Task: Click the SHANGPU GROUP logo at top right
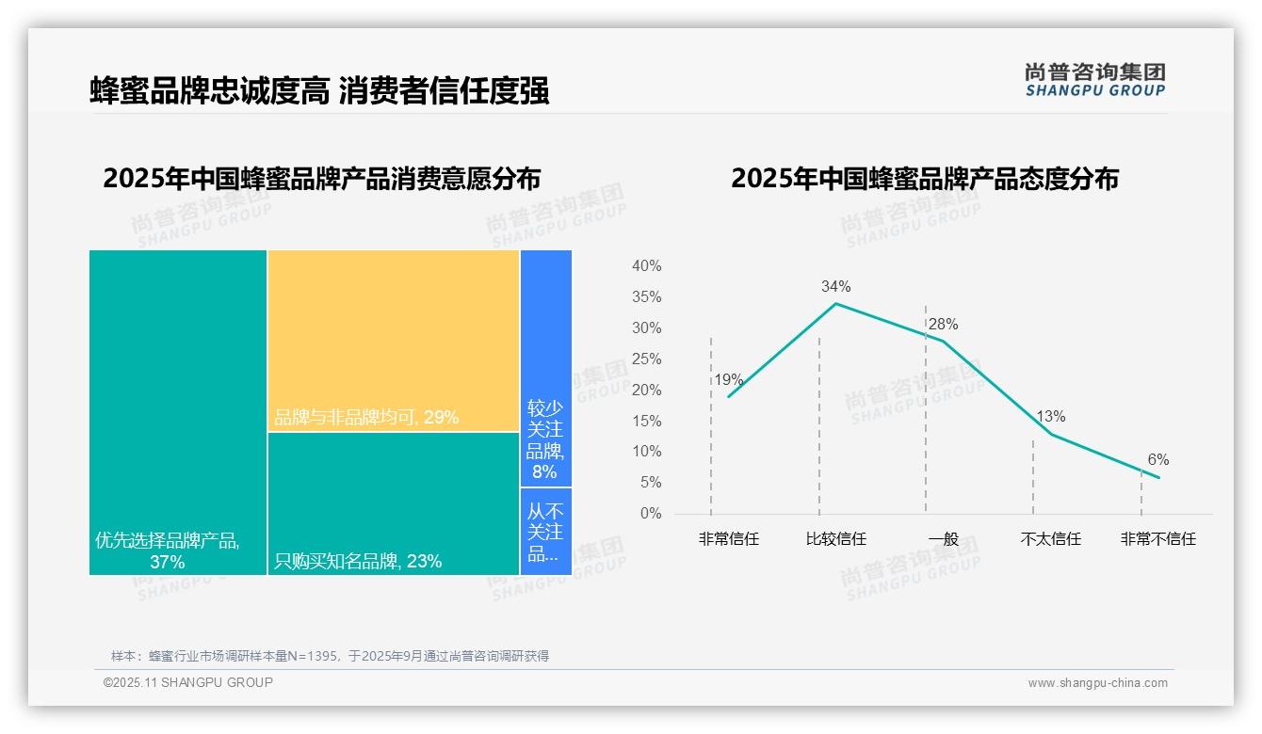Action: [x=1094, y=80]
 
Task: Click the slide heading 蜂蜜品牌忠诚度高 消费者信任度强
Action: [x=319, y=91]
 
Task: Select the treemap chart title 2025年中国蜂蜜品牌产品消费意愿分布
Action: [x=321, y=179]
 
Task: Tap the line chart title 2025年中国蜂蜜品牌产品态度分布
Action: [x=924, y=179]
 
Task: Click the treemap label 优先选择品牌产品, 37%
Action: [x=168, y=550]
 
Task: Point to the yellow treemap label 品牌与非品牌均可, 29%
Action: [x=366, y=417]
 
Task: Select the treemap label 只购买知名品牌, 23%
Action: [x=358, y=562]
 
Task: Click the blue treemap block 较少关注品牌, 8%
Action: [x=545, y=439]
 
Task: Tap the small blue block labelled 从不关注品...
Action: [x=545, y=532]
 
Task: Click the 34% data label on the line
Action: [x=835, y=286]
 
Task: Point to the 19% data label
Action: [x=728, y=380]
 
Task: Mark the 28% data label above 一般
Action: [x=943, y=325]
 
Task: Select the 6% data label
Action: [x=1157, y=460]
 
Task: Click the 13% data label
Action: [x=1050, y=417]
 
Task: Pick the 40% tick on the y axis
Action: [x=646, y=266]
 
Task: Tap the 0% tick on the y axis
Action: [x=650, y=514]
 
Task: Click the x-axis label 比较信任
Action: [x=835, y=539]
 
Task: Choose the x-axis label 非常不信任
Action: [x=1157, y=539]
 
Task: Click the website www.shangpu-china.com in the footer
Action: [x=1097, y=683]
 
